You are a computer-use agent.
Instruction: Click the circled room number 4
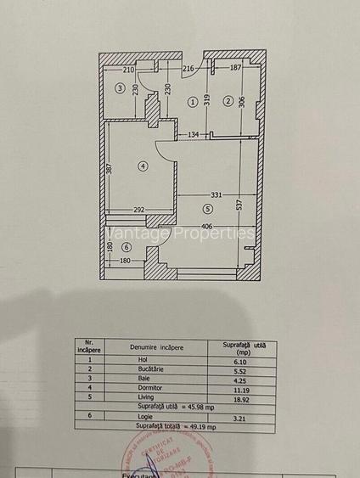coord(143,166)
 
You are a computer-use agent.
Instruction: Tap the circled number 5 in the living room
coord(207,208)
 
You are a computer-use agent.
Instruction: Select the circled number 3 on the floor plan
coord(121,88)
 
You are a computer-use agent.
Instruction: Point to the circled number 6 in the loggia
coord(127,247)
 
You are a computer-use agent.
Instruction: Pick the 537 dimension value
coord(240,203)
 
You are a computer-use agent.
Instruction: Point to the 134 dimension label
coord(194,134)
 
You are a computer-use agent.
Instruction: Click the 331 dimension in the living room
coord(217,195)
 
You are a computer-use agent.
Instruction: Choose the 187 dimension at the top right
coord(235,68)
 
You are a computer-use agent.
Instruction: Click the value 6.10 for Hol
coord(242,360)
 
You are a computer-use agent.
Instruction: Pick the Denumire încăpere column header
coord(156,346)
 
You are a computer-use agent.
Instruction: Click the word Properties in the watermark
coord(215,233)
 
